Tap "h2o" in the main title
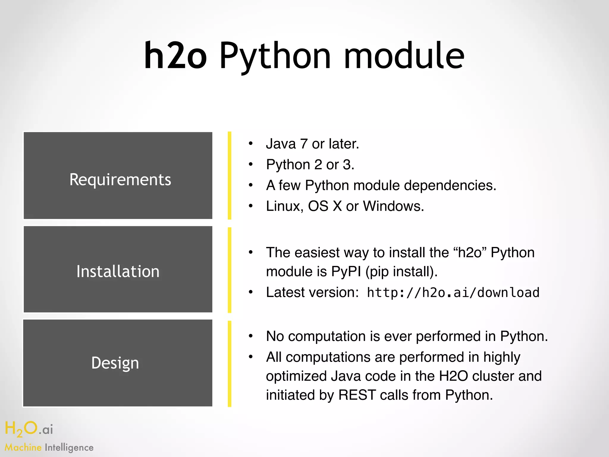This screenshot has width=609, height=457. click(x=175, y=56)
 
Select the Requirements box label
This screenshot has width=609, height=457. click(x=120, y=180)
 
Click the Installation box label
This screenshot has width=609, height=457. click(x=118, y=271)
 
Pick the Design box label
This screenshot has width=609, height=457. click(x=115, y=363)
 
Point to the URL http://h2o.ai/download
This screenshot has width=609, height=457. click(x=453, y=293)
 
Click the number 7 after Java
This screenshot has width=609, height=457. click(x=304, y=144)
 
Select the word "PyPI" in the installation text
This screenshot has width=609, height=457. click(x=346, y=272)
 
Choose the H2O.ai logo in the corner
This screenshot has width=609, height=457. click(x=29, y=429)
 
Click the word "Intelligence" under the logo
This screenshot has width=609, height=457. click(x=69, y=447)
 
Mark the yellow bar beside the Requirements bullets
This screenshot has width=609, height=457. click(x=230, y=176)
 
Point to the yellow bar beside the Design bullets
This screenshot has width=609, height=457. click(x=230, y=364)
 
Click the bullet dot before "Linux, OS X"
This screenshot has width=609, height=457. click(x=251, y=206)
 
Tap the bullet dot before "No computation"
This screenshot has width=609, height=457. click(x=251, y=336)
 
